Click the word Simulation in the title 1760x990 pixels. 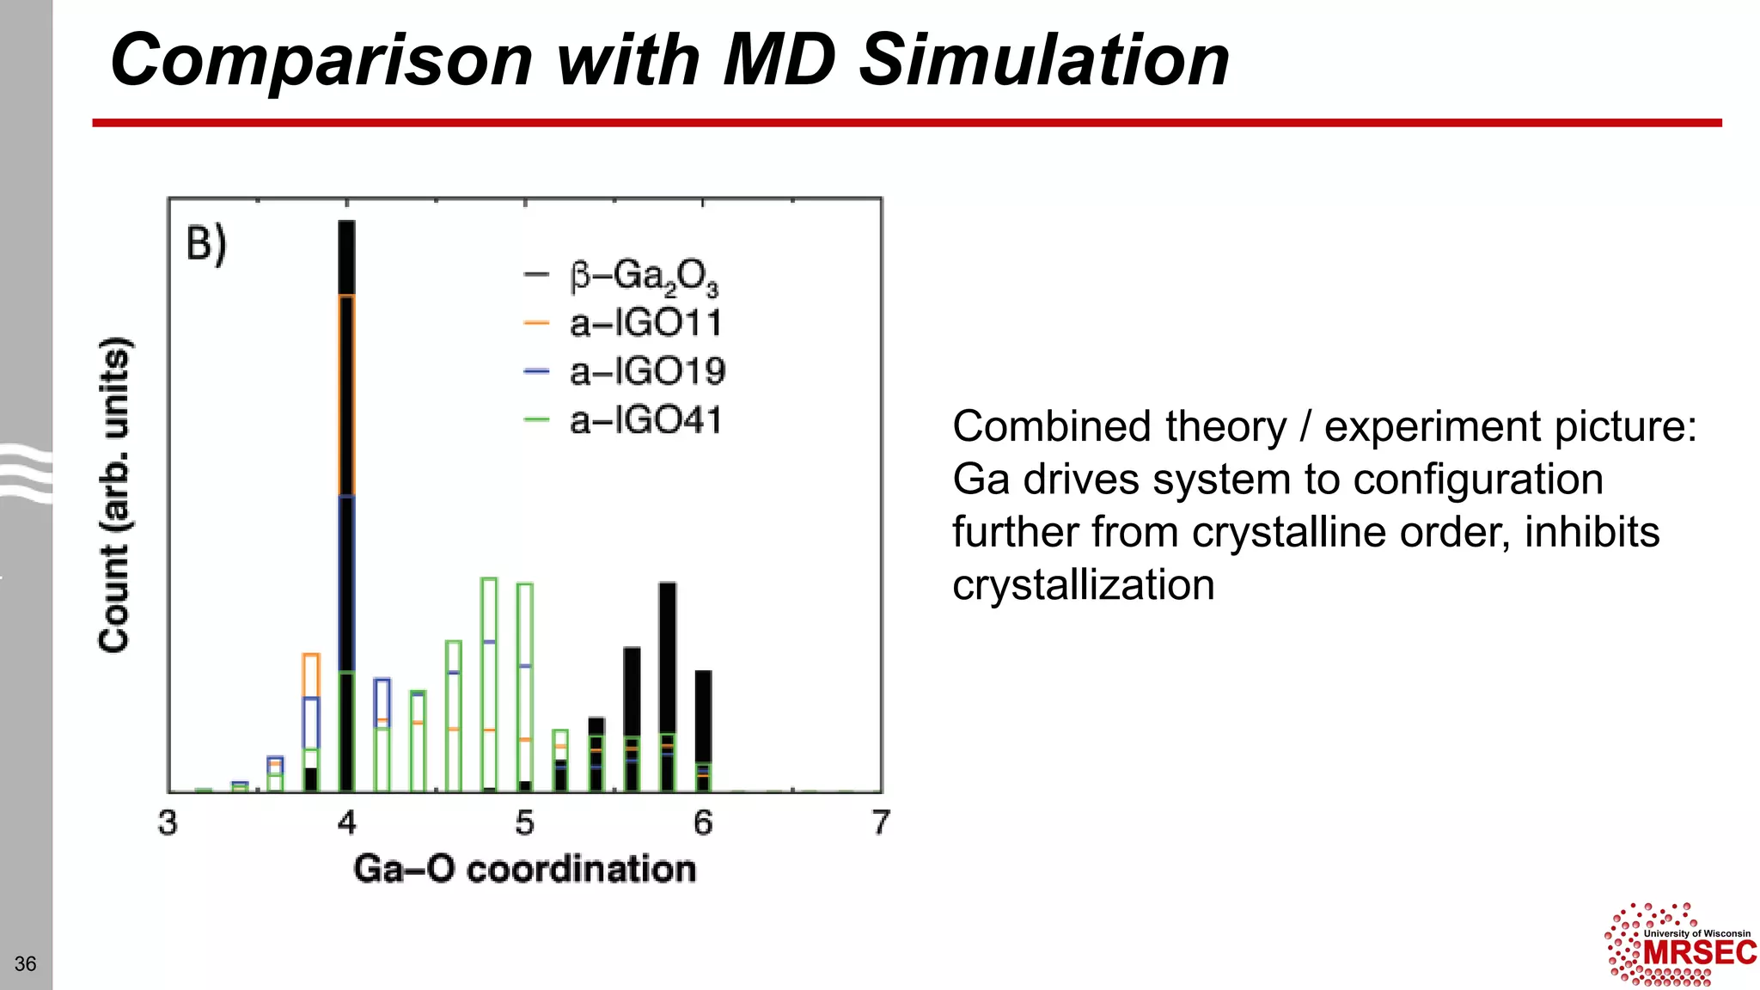(1044, 60)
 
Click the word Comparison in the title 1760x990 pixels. (321, 60)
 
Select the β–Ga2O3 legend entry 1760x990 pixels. (643, 277)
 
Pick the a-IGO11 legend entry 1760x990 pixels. (645, 324)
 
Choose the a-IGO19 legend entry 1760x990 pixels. (646, 372)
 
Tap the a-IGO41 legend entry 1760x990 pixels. (645, 421)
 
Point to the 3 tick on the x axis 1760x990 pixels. (168, 822)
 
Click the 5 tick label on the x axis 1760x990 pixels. (524, 822)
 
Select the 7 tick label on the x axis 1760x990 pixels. (881, 822)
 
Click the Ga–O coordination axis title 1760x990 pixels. (524, 869)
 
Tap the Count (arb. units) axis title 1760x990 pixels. (114, 495)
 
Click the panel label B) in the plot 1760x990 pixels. (206, 244)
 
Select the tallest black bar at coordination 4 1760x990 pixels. (346, 258)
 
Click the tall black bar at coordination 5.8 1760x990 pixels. (668, 653)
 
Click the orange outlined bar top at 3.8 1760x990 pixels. (311, 657)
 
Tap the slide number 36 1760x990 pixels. (26, 963)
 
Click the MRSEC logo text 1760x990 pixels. (1699, 953)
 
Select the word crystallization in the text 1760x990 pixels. (1083, 585)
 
